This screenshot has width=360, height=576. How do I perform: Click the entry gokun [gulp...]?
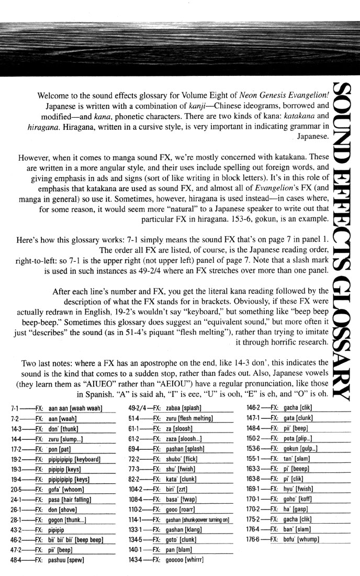click(x=300, y=449)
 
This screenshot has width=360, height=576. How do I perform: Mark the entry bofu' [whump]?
click(x=301, y=539)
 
